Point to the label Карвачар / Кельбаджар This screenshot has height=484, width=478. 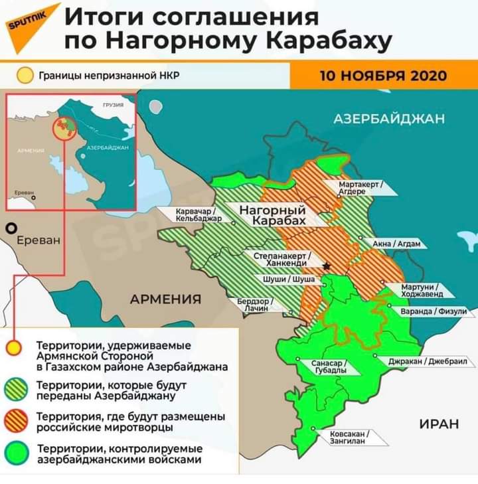pos(195,214)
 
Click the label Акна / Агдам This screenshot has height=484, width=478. pos(396,244)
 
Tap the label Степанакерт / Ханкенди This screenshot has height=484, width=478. pos(283,259)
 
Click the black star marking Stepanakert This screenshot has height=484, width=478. pos(326,266)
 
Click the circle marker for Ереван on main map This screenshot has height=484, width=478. pos(10,228)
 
